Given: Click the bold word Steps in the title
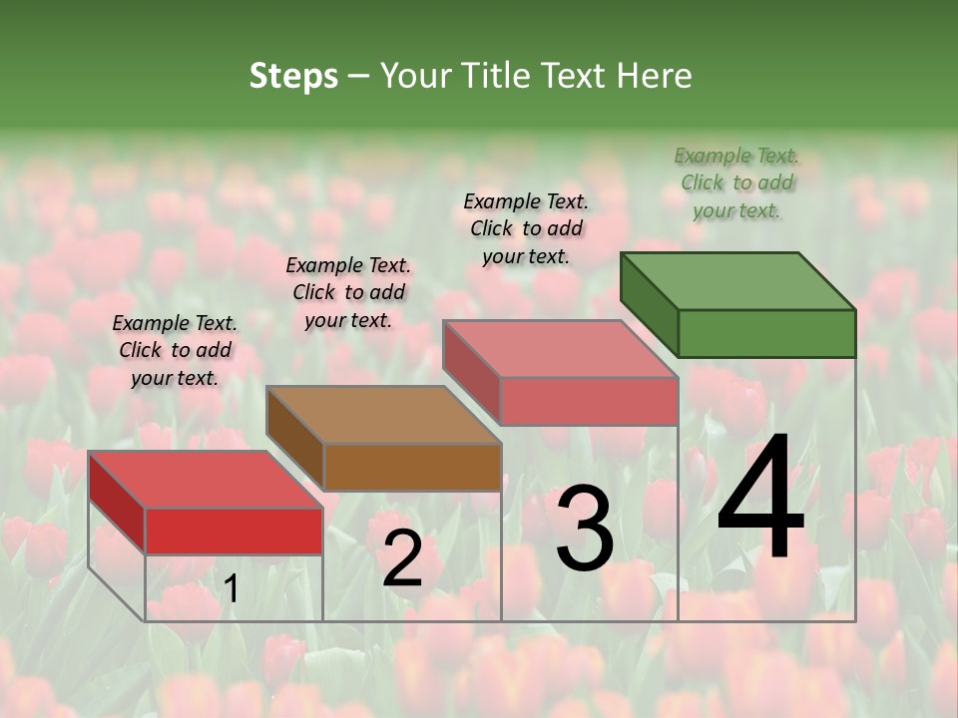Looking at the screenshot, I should click(293, 76).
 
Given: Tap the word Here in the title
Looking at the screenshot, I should click(655, 76).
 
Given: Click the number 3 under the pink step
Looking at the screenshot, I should click(584, 529).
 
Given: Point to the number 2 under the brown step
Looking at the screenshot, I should click(402, 558).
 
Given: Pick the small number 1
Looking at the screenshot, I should click(231, 589).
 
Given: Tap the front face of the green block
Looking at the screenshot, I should click(766, 333).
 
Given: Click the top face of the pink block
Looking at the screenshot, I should click(560, 348).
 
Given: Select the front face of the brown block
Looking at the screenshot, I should click(412, 467).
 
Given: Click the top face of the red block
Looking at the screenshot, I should click(205, 480).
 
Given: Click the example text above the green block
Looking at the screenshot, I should click(736, 183).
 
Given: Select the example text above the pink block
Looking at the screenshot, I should click(526, 228).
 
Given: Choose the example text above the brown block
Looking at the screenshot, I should click(348, 292).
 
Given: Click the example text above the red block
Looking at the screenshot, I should click(175, 350).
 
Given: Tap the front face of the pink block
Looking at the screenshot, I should click(589, 401).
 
